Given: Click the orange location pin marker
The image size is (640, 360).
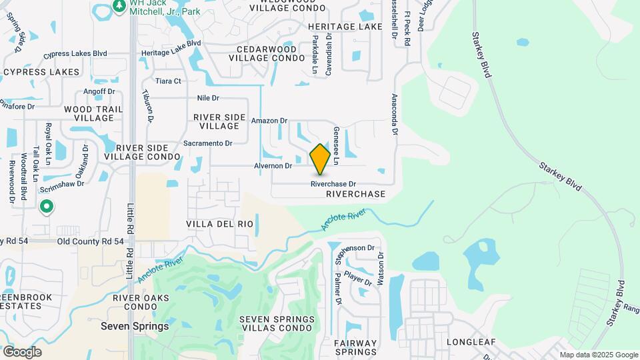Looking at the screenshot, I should pos(321,159).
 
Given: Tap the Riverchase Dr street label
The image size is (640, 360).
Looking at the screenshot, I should pos(333,184).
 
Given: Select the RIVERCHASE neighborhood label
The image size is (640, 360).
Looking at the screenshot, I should pos(356,194).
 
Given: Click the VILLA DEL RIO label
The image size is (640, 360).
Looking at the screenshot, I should pos(219,224).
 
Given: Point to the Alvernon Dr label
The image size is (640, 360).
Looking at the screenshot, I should pos(273,165).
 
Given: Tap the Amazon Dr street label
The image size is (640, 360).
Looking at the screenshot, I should pos(269,121).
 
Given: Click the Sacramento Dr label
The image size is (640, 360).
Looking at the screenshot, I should pos(207,143).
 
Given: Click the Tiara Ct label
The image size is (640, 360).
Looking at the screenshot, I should pos(168,81).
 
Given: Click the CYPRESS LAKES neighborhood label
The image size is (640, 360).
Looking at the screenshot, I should pos(41,72).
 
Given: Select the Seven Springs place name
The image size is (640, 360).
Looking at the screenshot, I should pos(134,327).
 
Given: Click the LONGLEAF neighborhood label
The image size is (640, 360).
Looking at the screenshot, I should pos(471,342).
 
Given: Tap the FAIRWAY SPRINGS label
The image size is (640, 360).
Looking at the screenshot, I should pos(355,348).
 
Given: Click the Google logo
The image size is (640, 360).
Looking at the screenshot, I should pos(22,351).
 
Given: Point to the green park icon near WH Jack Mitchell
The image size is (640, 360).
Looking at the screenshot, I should pos(119,5).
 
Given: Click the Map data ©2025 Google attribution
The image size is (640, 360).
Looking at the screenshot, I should pos(598,355).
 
